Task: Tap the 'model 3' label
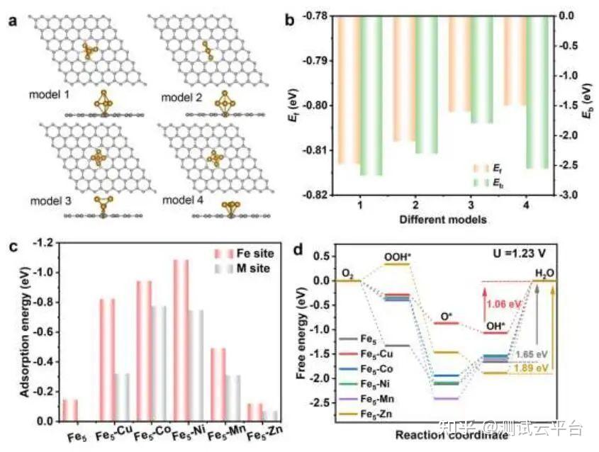(x=50, y=200)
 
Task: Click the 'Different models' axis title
(x=442, y=220)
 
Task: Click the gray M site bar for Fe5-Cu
(x=121, y=397)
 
